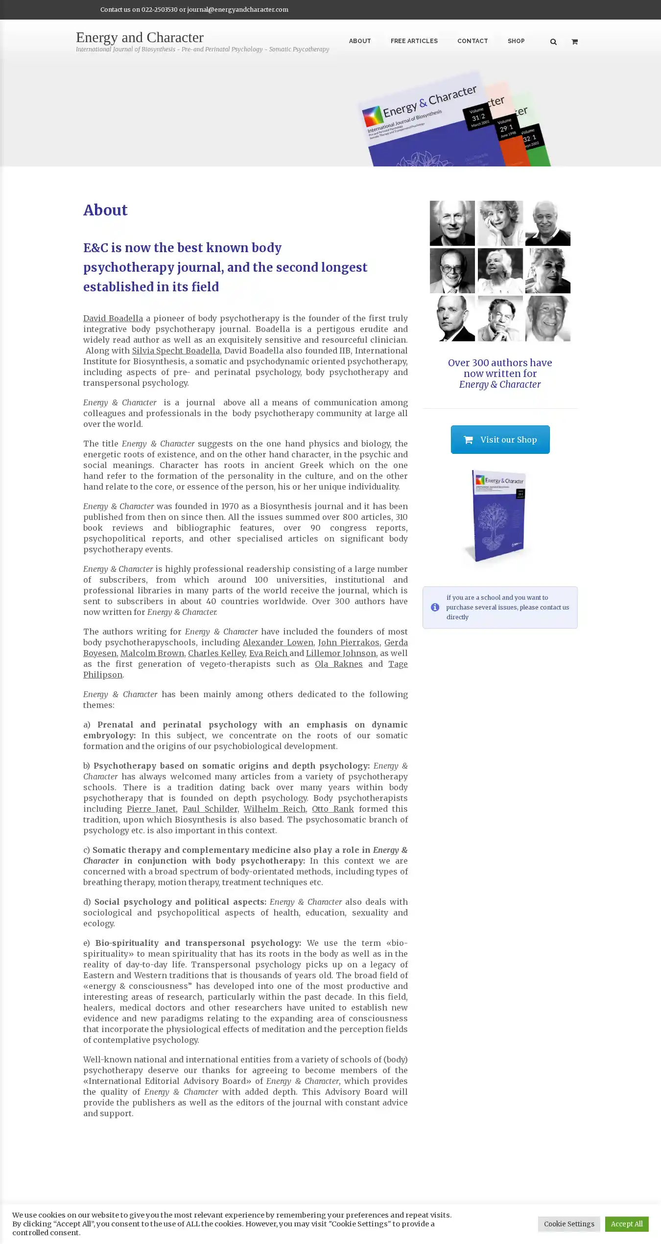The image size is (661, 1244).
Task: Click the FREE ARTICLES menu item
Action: [x=414, y=41]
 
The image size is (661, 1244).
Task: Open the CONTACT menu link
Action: [x=472, y=41]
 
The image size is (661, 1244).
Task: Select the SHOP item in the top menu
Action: [x=516, y=41]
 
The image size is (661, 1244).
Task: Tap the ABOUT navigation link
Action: [x=359, y=41]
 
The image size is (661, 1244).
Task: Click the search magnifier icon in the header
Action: [x=553, y=42]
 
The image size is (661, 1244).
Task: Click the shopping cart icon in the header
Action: [x=574, y=42]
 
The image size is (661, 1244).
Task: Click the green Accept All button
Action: [x=626, y=1223]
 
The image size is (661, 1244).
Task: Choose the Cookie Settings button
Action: [x=568, y=1223]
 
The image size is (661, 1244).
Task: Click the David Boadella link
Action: [x=113, y=318]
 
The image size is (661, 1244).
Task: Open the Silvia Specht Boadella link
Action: [x=176, y=351]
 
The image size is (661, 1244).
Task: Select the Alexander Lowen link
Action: [x=278, y=642]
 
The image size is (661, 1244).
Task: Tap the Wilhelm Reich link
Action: [x=274, y=809]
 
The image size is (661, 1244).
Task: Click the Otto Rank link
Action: [x=332, y=809]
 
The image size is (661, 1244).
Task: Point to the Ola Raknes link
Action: [x=338, y=664]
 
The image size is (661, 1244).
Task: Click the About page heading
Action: [x=105, y=210]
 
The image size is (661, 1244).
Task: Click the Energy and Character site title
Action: [x=140, y=38]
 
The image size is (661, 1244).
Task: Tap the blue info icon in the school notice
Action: [x=435, y=607]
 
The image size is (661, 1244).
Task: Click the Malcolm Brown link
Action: [x=152, y=653]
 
